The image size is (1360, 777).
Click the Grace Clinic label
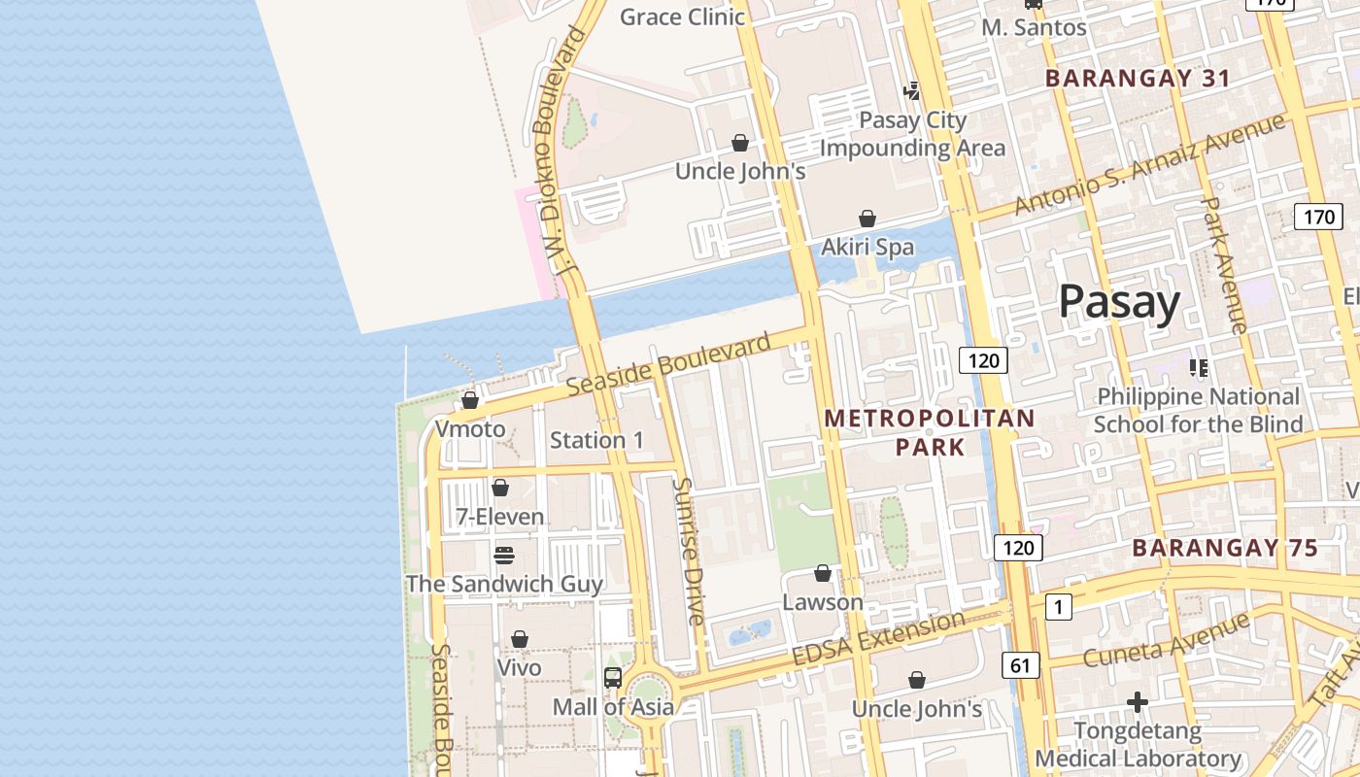[x=682, y=17]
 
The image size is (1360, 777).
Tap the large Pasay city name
[x=1119, y=302]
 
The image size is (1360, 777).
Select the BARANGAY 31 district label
[x=1138, y=79]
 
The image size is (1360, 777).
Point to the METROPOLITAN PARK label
[x=930, y=432]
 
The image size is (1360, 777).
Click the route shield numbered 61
[x=1019, y=665]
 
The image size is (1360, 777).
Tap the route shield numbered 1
[x=1058, y=608]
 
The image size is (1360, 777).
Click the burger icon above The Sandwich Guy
[x=503, y=556]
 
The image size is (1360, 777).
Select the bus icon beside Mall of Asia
[x=613, y=678]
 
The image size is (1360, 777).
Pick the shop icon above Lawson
[x=823, y=573]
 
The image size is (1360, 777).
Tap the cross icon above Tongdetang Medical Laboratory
[x=1138, y=701]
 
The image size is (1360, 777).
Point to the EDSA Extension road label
[x=879, y=638]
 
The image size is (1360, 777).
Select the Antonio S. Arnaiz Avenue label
[x=1150, y=164]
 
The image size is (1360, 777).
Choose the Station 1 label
[x=596, y=440]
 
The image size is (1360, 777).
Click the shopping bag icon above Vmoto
[x=470, y=400]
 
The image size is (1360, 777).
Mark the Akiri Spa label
[x=867, y=247]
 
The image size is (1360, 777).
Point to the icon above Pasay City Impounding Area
[x=911, y=92]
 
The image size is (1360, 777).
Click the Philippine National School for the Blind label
[x=1198, y=410]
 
